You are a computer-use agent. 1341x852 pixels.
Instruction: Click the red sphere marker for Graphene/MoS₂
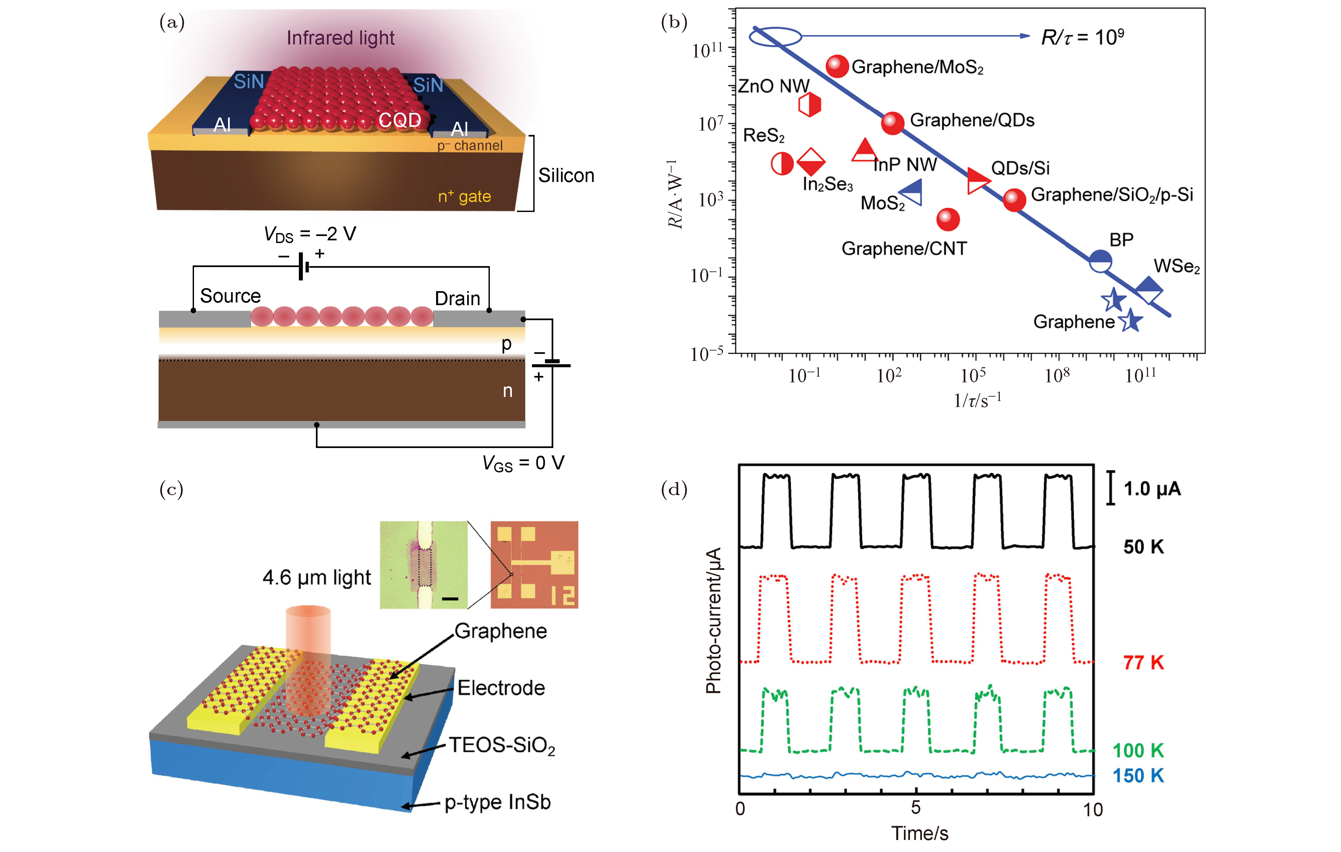[x=836, y=66]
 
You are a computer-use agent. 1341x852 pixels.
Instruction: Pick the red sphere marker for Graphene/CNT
[x=948, y=219]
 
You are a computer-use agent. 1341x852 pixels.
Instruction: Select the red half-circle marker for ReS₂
[x=782, y=164]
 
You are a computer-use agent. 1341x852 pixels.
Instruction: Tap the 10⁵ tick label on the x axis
[x=973, y=375]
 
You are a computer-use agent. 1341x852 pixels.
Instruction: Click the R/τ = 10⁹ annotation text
[x=1082, y=37]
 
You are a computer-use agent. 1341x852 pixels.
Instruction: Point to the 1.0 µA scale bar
[x=1111, y=488]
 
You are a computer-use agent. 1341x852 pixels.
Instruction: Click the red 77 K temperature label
[x=1143, y=663]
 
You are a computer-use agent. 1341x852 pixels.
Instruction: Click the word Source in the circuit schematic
[x=230, y=296]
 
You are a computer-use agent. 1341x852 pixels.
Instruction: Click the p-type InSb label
[x=497, y=803]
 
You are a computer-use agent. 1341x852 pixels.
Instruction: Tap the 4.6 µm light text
[x=316, y=578]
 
